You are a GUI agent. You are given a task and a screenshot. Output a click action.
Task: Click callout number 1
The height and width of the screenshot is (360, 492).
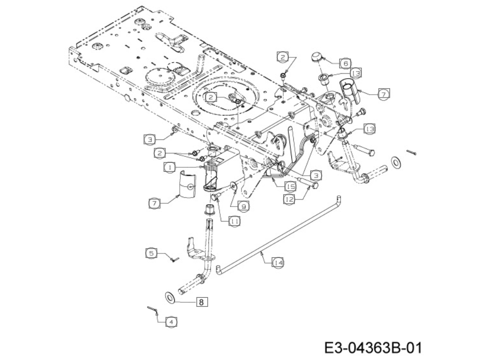[170, 167]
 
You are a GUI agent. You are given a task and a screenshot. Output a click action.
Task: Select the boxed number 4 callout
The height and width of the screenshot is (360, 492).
[171, 322]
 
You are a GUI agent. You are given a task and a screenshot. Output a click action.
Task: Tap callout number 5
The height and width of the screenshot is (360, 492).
[151, 253]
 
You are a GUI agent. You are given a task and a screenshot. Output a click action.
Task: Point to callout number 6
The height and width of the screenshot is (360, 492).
[346, 63]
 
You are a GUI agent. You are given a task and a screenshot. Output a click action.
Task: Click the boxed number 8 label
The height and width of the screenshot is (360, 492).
[202, 302]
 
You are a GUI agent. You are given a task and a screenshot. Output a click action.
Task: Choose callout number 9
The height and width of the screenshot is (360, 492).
[244, 206]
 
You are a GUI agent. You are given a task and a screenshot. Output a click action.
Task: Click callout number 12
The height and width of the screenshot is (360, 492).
[289, 199]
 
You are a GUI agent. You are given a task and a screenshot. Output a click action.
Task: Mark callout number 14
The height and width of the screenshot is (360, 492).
[278, 262]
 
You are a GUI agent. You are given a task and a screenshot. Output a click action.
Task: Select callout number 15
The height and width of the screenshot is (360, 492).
[290, 187]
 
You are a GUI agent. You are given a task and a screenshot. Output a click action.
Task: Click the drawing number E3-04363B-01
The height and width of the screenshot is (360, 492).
[373, 348]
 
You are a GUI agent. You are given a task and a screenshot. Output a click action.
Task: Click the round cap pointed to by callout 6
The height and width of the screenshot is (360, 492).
[317, 58]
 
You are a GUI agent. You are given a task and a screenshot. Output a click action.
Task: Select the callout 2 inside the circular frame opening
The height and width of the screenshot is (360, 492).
[211, 97]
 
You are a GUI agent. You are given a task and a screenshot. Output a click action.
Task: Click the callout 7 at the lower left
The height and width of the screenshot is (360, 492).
[154, 203]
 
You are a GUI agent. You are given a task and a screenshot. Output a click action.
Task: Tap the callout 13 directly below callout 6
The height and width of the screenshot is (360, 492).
[356, 73]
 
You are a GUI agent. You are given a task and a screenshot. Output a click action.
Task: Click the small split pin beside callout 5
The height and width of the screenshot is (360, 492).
[174, 259]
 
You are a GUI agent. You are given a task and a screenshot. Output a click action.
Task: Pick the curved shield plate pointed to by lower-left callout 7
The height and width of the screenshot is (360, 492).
[188, 185]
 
